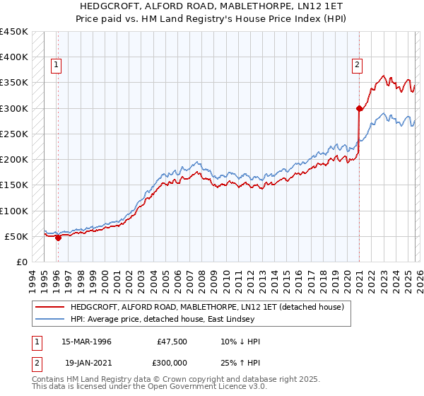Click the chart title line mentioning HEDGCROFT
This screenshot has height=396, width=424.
(x=212, y=6)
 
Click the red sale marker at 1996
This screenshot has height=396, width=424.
(x=58, y=238)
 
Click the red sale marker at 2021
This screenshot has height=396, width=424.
(x=359, y=108)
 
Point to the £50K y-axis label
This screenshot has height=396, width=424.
(x=17, y=237)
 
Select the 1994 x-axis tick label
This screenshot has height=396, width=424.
(x=33, y=279)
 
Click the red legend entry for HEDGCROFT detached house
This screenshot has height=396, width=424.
(x=206, y=307)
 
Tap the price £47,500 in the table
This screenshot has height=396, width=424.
(x=172, y=342)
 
